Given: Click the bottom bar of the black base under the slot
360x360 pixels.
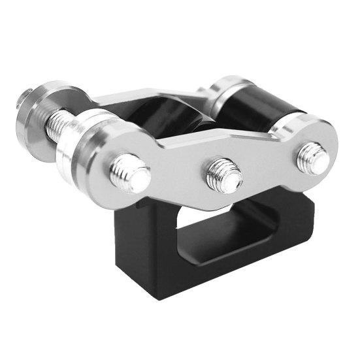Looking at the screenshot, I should click(216, 265).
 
